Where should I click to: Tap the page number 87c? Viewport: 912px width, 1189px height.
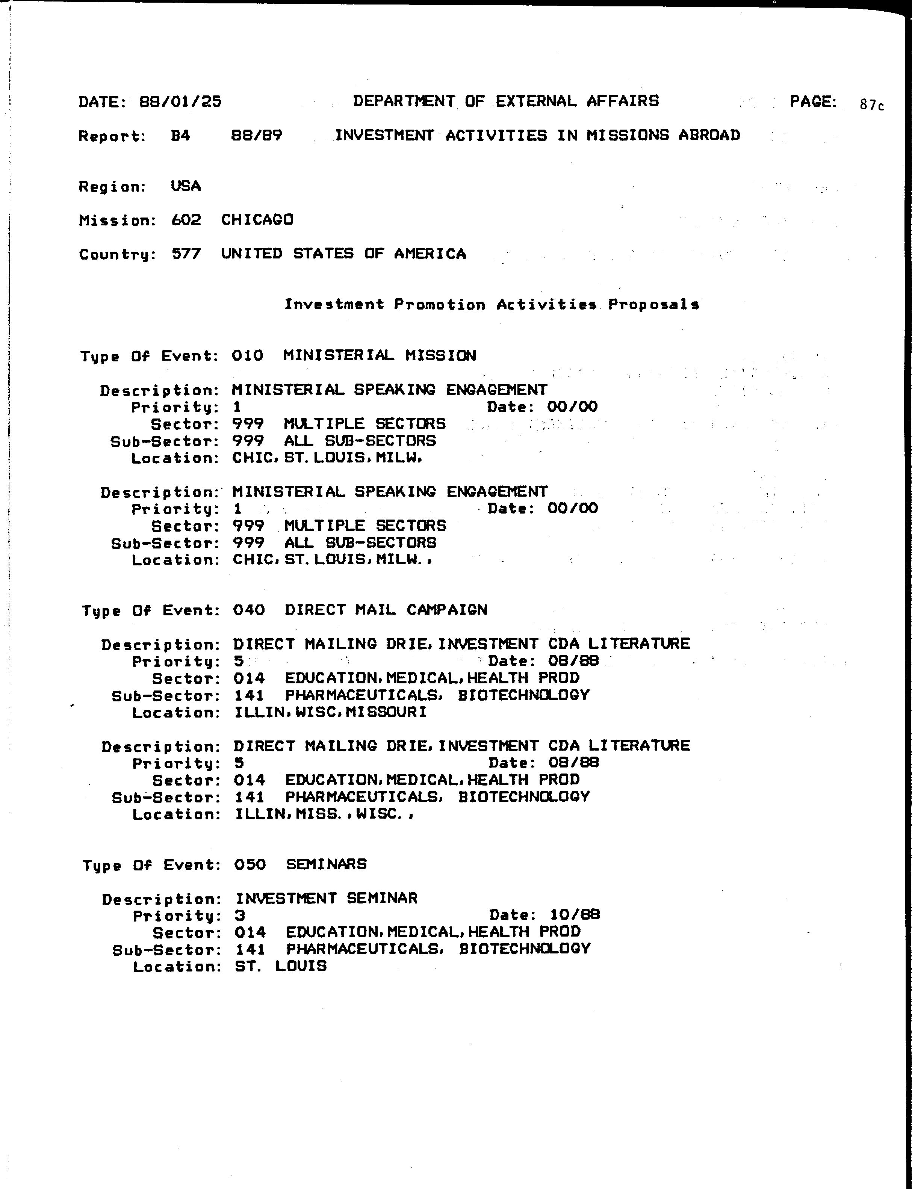(872, 105)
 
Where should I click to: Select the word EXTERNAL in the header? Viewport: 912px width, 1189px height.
(536, 101)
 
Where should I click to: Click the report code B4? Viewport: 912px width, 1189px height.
(180, 136)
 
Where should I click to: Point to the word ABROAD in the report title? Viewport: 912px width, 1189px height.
(709, 135)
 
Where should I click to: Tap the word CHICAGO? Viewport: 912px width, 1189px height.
(257, 220)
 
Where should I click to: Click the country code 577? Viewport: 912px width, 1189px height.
(186, 254)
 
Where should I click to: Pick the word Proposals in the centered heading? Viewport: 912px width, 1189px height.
(653, 304)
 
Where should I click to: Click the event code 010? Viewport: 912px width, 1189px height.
(248, 356)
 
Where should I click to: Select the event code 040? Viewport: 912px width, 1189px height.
(249, 610)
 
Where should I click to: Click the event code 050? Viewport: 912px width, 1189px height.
(250, 864)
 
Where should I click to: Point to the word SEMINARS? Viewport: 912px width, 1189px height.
(326, 864)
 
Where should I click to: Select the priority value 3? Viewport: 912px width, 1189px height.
(240, 916)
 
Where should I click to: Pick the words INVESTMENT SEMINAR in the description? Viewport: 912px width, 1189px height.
(326, 898)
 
